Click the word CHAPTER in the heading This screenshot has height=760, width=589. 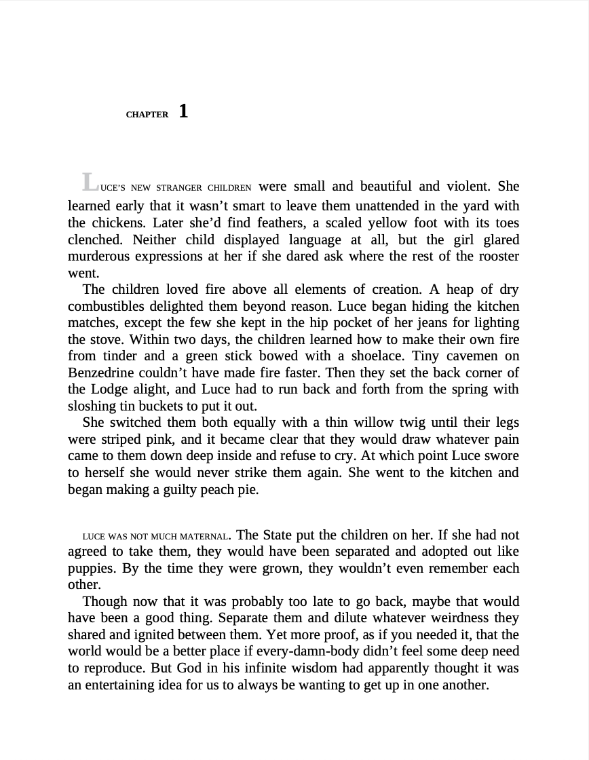pos(147,115)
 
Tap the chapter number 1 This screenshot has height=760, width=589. pos(184,111)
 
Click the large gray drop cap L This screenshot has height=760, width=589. pos(90,182)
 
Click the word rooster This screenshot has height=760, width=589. pos(497,256)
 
